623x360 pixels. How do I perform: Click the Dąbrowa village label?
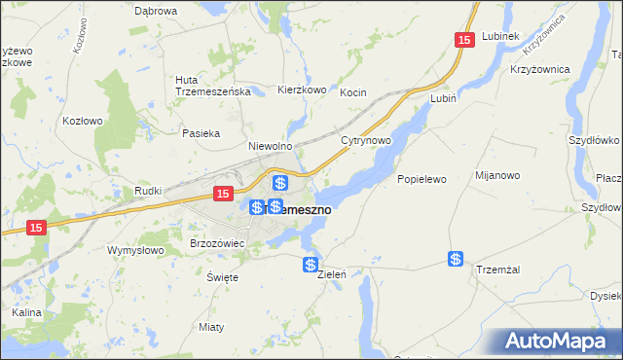click(157, 11)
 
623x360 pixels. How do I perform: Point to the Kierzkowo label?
click(301, 89)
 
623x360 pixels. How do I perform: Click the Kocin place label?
click(352, 92)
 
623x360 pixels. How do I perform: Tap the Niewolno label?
click(271, 146)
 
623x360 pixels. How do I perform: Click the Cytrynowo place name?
click(366, 141)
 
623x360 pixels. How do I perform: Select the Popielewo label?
click(421, 179)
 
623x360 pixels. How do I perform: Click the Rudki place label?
click(148, 192)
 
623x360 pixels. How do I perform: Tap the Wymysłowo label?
click(134, 250)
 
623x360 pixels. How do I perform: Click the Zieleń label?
click(333, 275)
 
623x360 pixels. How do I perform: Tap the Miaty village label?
click(210, 326)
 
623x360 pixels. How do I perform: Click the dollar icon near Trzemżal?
click(456, 258)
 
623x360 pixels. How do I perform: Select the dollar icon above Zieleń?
click(311, 265)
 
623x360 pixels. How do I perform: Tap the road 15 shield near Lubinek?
click(464, 39)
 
